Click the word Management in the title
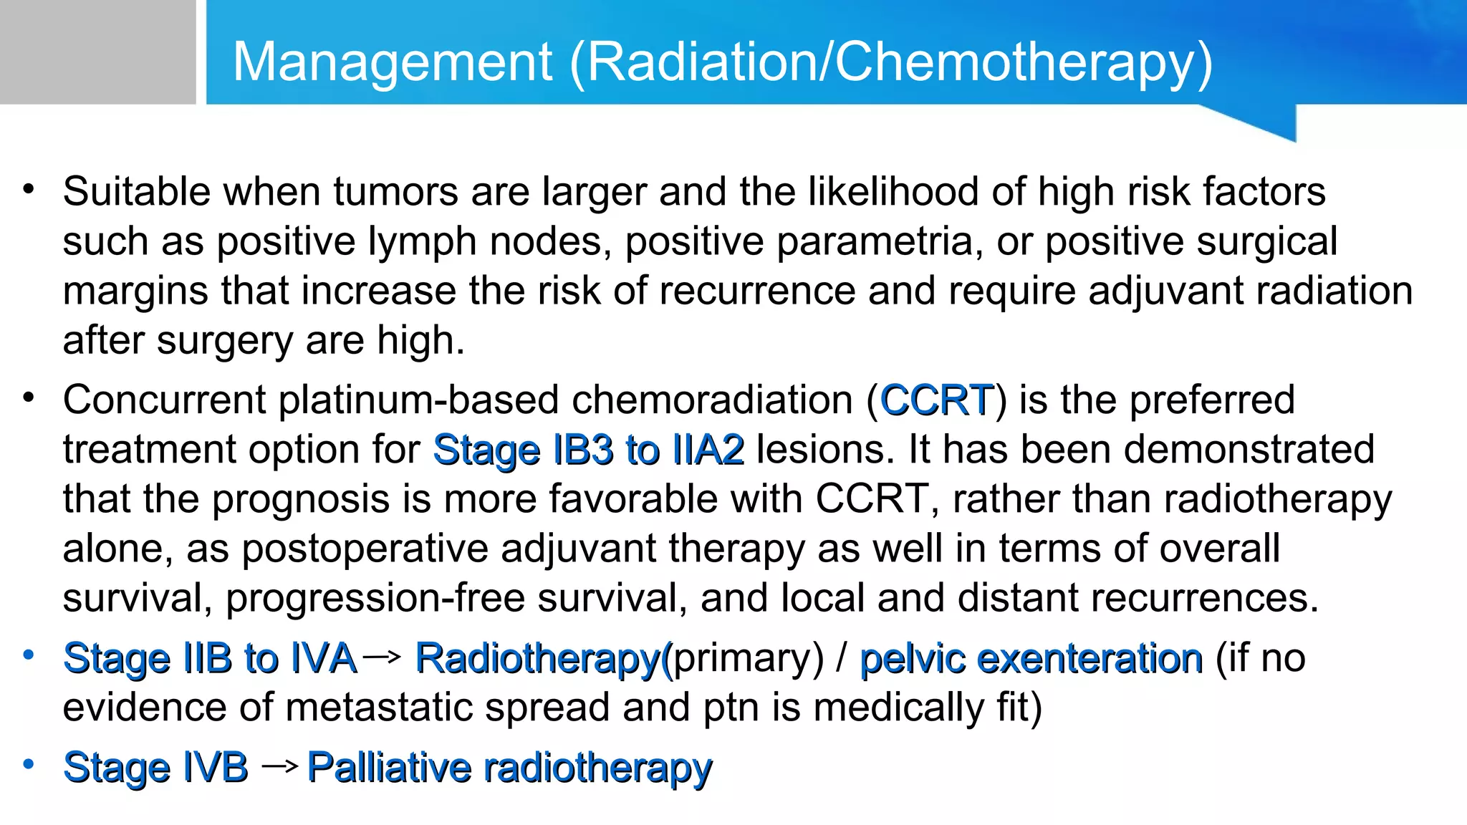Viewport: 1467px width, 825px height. point(392,62)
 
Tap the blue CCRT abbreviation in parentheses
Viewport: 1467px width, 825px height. point(937,400)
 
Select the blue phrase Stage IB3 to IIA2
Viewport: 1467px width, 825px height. point(589,450)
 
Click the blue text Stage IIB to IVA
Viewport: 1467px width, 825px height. point(210,658)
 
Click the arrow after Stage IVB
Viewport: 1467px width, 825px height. point(279,767)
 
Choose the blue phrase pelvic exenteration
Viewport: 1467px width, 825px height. point(1031,658)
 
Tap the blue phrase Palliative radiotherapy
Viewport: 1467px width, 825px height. point(510,768)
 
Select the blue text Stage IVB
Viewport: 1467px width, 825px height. point(155,768)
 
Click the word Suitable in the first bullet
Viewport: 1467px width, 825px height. point(137,192)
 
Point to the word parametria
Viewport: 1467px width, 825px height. point(875,241)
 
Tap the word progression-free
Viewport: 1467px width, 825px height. point(375,598)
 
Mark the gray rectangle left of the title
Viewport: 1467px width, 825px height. point(97,52)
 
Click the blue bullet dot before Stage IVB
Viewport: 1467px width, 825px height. point(29,764)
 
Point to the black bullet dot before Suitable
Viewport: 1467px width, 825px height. point(29,190)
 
